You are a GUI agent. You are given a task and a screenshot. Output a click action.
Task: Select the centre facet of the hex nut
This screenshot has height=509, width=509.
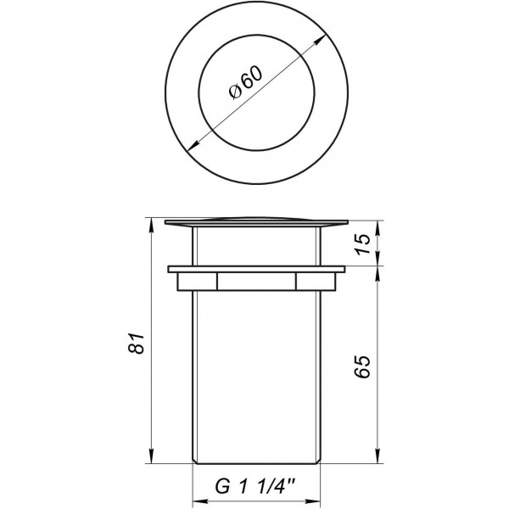(x=257, y=282)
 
